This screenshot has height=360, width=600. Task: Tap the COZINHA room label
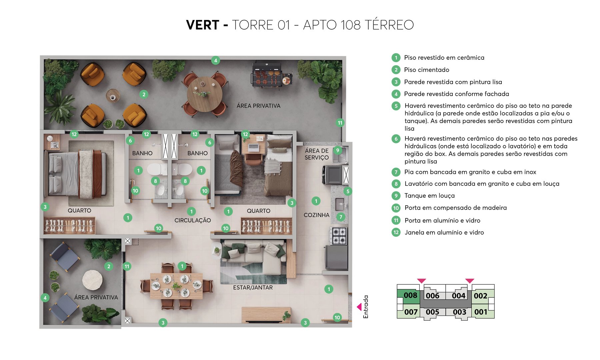click(x=316, y=215)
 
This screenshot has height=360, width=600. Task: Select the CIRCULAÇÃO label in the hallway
click(x=193, y=220)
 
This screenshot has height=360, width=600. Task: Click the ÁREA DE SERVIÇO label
click(x=316, y=154)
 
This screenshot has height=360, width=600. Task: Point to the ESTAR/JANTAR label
click(x=253, y=287)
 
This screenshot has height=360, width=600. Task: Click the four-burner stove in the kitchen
click(x=339, y=236)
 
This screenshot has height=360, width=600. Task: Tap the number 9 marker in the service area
click(x=338, y=150)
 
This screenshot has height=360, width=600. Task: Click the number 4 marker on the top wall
click(x=215, y=60)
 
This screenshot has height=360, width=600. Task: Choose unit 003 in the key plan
click(x=459, y=312)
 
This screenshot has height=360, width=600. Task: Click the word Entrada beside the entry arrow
click(x=366, y=307)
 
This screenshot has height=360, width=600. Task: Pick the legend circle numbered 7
click(x=396, y=172)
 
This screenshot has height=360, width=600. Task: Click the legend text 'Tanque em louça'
click(x=429, y=196)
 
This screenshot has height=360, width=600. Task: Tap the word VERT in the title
click(x=202, y=25)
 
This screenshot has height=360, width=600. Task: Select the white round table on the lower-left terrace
click(x=92, y=280)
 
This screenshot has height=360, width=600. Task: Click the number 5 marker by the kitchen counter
click(x=348, y=191)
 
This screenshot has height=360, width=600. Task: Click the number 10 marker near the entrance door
click(x=337, y=317)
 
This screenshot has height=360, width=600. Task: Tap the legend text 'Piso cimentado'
click(x=426, y=70)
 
